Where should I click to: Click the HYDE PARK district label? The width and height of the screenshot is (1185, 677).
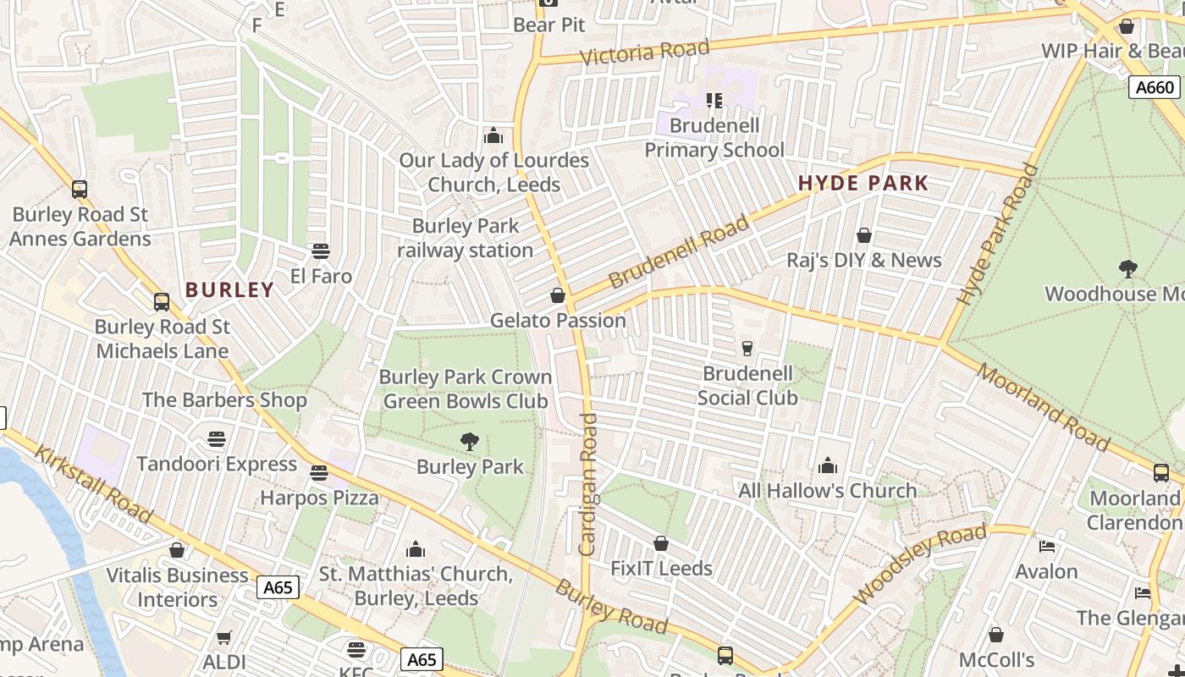(863, 183)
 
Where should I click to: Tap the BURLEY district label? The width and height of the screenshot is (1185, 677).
(229, 289)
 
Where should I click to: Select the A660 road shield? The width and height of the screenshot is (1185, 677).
(1155, 87)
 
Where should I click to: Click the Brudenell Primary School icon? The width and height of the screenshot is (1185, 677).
(714, 102)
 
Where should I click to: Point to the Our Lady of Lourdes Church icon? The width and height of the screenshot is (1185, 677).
(493, 135)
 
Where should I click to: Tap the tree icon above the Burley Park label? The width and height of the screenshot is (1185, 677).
(469, 441)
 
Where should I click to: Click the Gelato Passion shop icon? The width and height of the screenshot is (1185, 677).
(557, 295)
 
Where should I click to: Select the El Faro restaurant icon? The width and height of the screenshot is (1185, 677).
(320, 251)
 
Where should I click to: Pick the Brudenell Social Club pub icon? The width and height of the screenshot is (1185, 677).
(747, 348)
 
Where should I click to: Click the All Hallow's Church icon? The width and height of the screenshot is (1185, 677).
(827, 465)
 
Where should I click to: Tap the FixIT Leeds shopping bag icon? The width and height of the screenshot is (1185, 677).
(660, 543)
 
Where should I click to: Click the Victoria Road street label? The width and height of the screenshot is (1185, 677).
(645, 52)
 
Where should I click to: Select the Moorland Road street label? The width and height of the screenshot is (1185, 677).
(1042, 407)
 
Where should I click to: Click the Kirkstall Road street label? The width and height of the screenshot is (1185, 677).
(92, 482)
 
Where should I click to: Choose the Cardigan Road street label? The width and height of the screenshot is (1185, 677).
(588, 484)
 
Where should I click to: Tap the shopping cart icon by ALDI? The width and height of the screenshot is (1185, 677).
(223, 637)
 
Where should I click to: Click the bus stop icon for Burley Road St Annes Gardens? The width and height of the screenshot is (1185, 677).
(79, 190)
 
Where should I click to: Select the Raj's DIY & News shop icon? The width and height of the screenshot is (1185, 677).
(863, 235)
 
